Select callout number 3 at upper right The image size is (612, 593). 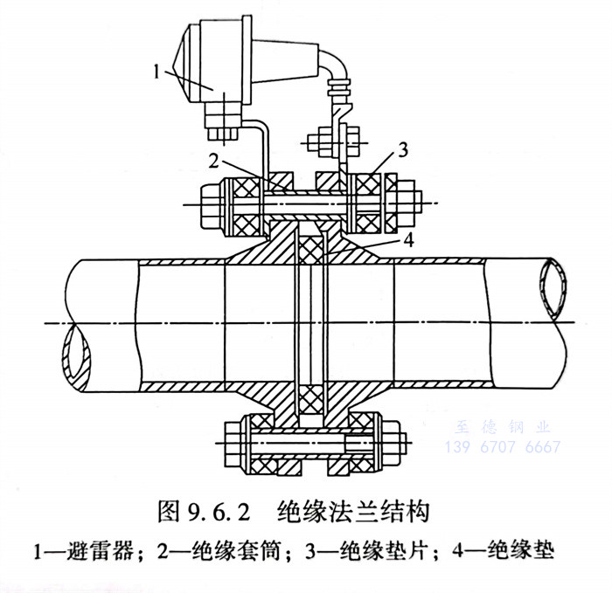pos(401,148)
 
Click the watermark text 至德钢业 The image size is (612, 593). pos(504,427)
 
